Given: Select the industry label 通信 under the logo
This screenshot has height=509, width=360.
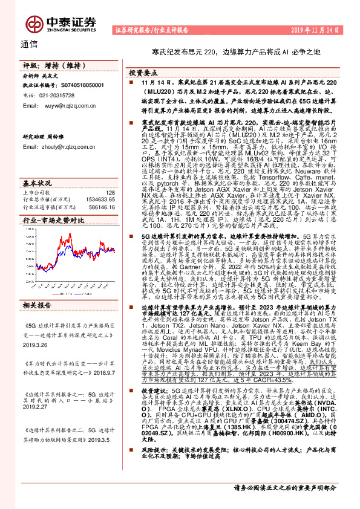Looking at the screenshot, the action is (28, 44).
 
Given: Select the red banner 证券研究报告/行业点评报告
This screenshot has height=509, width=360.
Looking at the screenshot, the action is (151, 30).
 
